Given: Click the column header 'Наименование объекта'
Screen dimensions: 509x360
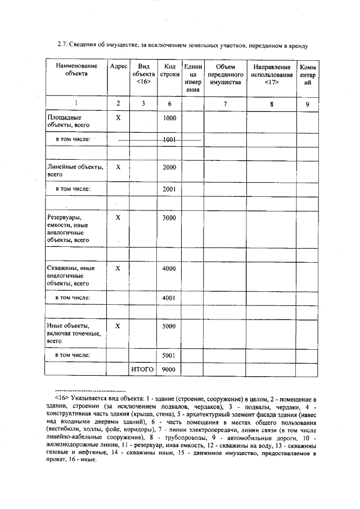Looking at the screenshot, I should (76, 70).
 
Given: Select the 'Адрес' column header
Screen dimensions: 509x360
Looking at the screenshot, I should (118, 66).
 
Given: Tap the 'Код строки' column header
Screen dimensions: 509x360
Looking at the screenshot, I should (169, 70).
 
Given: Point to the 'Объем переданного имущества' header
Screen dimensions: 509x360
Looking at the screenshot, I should (224, 74).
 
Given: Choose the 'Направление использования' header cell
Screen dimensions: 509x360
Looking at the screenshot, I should (271, 74).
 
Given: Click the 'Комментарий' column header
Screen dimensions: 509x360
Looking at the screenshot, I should (307, 74).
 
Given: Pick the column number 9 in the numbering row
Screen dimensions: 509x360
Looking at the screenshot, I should (307, 103).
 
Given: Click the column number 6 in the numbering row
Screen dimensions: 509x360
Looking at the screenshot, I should (169, 103).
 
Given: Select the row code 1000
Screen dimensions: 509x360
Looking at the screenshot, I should (169, 119).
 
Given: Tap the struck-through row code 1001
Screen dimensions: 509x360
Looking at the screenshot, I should (169, 138).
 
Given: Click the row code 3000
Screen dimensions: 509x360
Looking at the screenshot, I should (169, 218).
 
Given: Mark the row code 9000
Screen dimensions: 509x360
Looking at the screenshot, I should (169, 370).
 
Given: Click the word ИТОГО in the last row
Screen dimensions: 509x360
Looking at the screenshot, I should (142, 370).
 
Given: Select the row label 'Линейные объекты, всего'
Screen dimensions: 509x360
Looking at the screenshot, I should (74, 171).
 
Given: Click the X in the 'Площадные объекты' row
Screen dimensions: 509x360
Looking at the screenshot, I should (118, 119).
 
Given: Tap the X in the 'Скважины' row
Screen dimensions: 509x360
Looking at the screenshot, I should (118, 268).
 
